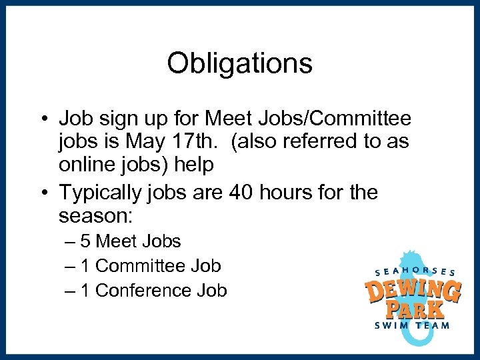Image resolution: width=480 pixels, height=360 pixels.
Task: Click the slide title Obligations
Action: (x=239, y=63)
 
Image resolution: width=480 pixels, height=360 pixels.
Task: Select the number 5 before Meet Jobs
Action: (x=85, y=241)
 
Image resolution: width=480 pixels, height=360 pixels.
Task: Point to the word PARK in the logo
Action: (x=417, y=309)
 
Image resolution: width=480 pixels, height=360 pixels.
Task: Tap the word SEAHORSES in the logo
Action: (x=415, y=271)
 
